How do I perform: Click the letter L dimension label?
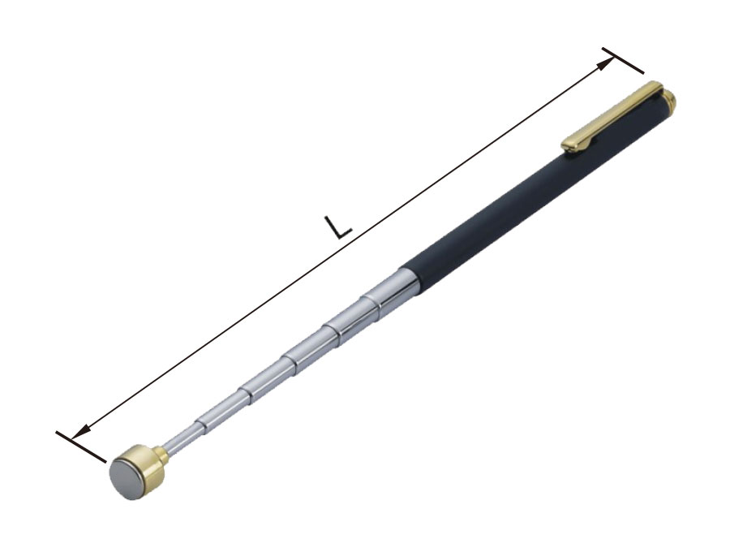point(338,227)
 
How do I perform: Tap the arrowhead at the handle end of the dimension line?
point(605,64)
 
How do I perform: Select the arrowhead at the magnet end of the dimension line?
point(80,432)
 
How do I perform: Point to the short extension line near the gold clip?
point(623,61)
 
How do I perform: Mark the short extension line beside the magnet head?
point(81,447)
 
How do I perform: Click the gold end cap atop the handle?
point(669,99)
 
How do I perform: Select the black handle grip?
point(535,196)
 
